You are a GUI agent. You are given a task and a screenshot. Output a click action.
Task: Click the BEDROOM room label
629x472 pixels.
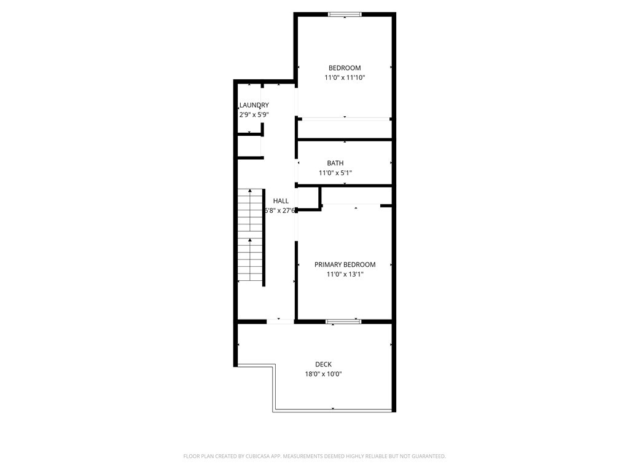(x=345, y=68)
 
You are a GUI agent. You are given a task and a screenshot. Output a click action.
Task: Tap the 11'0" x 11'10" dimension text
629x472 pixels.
(x=345, y=77)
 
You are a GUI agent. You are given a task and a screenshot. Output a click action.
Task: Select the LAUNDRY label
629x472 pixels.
(x=254, y=105)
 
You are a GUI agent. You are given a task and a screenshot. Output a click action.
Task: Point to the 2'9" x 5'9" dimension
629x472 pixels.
(x=254, y=114)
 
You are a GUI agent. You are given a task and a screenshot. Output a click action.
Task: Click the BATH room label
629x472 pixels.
(x=335, y=163)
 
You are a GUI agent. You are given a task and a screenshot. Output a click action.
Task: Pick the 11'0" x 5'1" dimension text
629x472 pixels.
(x=335, y=173)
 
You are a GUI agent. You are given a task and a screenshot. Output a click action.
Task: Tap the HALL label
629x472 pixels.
(x=281, y=201)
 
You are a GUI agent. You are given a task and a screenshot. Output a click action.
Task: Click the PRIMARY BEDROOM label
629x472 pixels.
(x=345, y=264)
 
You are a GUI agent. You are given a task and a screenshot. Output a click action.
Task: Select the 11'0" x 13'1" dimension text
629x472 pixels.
(x=345, y=274)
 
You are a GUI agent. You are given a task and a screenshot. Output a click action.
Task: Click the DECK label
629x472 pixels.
(x=323, y=364)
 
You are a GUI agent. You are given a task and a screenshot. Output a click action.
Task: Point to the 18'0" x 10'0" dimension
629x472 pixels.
(x=323, y=374)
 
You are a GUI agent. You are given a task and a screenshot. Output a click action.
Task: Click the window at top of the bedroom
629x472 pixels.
(x=345, y=15)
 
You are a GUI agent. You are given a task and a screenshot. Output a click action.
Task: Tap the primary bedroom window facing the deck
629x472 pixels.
(x=343, y=321)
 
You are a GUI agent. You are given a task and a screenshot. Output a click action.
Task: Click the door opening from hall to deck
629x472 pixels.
(x=280, y=321)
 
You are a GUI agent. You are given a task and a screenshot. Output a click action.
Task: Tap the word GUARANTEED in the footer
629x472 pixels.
(x=429, y=457)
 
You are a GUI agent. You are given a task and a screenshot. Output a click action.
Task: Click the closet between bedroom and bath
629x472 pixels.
(x=345, y=129)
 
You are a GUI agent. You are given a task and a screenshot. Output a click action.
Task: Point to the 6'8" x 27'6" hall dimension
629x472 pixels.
(x=279, y=210)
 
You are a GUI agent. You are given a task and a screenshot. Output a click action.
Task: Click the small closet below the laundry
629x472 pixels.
(x=249, y=146)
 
